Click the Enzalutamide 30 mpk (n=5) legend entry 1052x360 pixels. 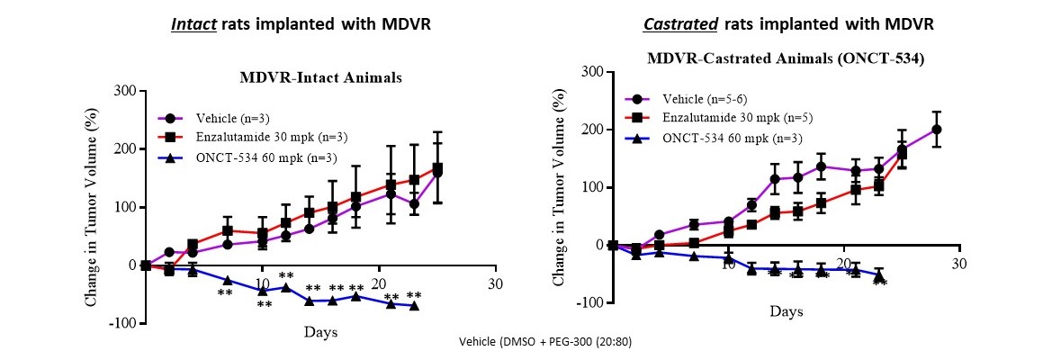[x=726, y=118]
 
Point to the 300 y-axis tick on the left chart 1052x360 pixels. [x=123, y=91]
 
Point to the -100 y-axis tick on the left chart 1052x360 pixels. [x=120, y=323]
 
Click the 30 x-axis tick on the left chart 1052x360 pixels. [x=495, y=283]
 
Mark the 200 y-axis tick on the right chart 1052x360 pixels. [x=590, y=130]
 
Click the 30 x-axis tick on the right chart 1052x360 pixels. [x=958, y=263]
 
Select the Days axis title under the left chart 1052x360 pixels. [x=319, y=332]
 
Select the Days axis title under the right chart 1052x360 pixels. [x=786, y=311]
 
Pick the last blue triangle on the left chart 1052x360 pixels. [x=414, y=306]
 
